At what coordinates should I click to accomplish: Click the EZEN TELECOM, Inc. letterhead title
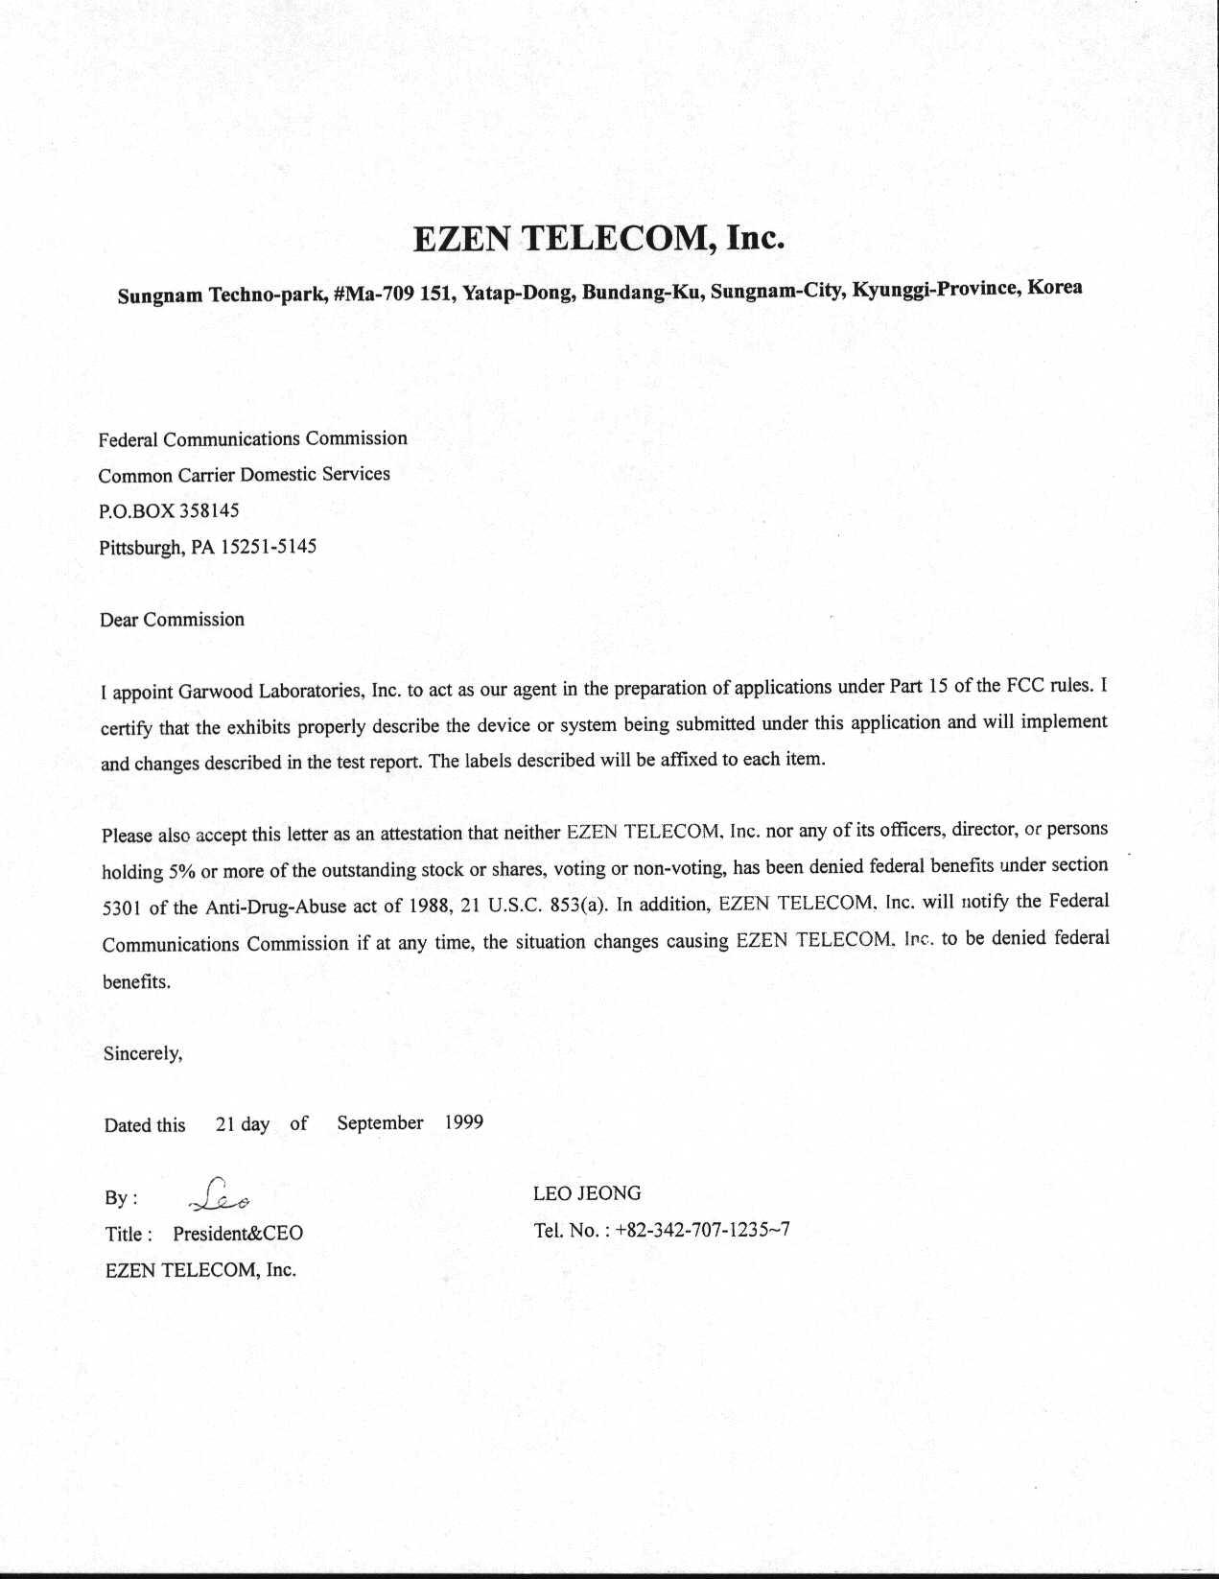pyautogui.click(x=599, y=238)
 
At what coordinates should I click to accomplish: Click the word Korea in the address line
pyautogui.click(x=1054, y=287)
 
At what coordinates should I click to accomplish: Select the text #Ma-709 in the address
pyautogui.click(x=373, y=293)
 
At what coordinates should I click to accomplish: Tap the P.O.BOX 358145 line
pyautogui.click(x=169, y=510)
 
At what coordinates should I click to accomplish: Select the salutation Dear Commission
pyautogui.click(x=172, y=620)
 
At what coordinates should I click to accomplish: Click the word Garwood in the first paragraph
pyautogui.click(x=213, y=691)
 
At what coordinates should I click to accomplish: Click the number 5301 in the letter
pyautogui.click(x=121, y=907)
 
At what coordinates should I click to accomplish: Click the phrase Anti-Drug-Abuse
pyautogui.click(x=275, y=907)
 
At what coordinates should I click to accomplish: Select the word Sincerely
pyautogui.click(x=143, y=1053)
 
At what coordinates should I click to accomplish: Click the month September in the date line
pyautogui.click(x=380, y=1122)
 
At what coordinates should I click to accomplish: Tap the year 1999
pyautogui.click(x=464, y=1122)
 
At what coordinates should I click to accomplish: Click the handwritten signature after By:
pyautogui.click(x=221, y=1195)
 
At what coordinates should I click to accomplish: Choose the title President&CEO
pyautogui.click(x=238, y=1234)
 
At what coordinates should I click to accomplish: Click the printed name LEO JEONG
pyautogui.click(x=587, y=1193)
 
